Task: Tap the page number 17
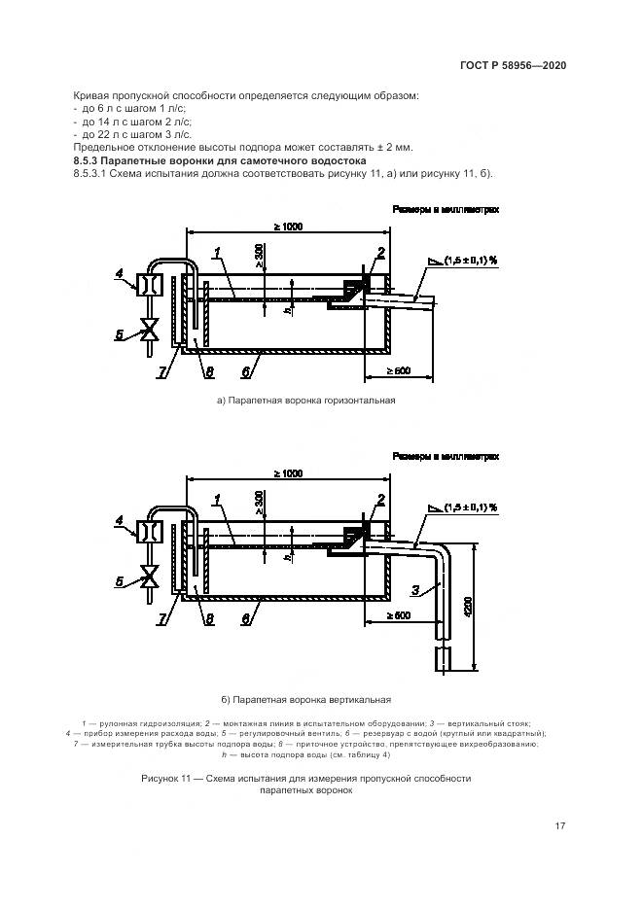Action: point(559,826)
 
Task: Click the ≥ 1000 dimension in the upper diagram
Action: point(288,227)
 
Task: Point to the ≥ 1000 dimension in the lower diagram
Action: point(288,473)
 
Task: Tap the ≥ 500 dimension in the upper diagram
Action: point(398,370)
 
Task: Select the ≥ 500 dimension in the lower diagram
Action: point(398,616)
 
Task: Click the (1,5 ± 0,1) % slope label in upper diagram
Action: point(471,261)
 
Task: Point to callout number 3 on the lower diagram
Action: point(414,589)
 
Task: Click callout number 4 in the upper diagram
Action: point(120,275)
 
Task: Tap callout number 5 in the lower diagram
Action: point(120,580)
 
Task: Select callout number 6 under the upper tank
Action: point(248,371)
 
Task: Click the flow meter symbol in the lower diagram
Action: point(150,532)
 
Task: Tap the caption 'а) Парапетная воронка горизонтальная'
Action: point(306,400)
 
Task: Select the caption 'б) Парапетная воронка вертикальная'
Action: point(306,698)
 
